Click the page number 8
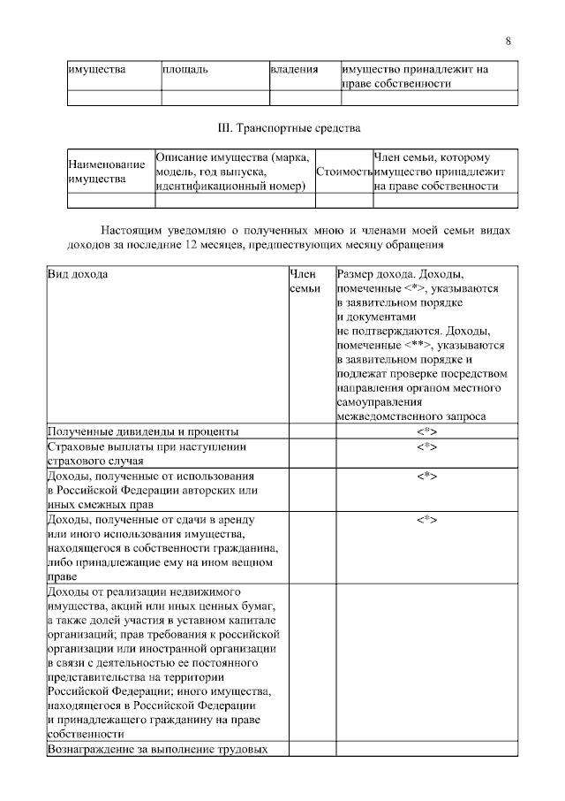pos(508,41)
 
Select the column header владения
pos(293,69)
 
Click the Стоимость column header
pos(343,171)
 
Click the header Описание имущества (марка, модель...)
pos(233,171)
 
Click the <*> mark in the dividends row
pos(426,431)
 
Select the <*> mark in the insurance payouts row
pos(426,446)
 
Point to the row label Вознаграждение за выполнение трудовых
pos(156,749)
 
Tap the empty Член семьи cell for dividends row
pos(311,431)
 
